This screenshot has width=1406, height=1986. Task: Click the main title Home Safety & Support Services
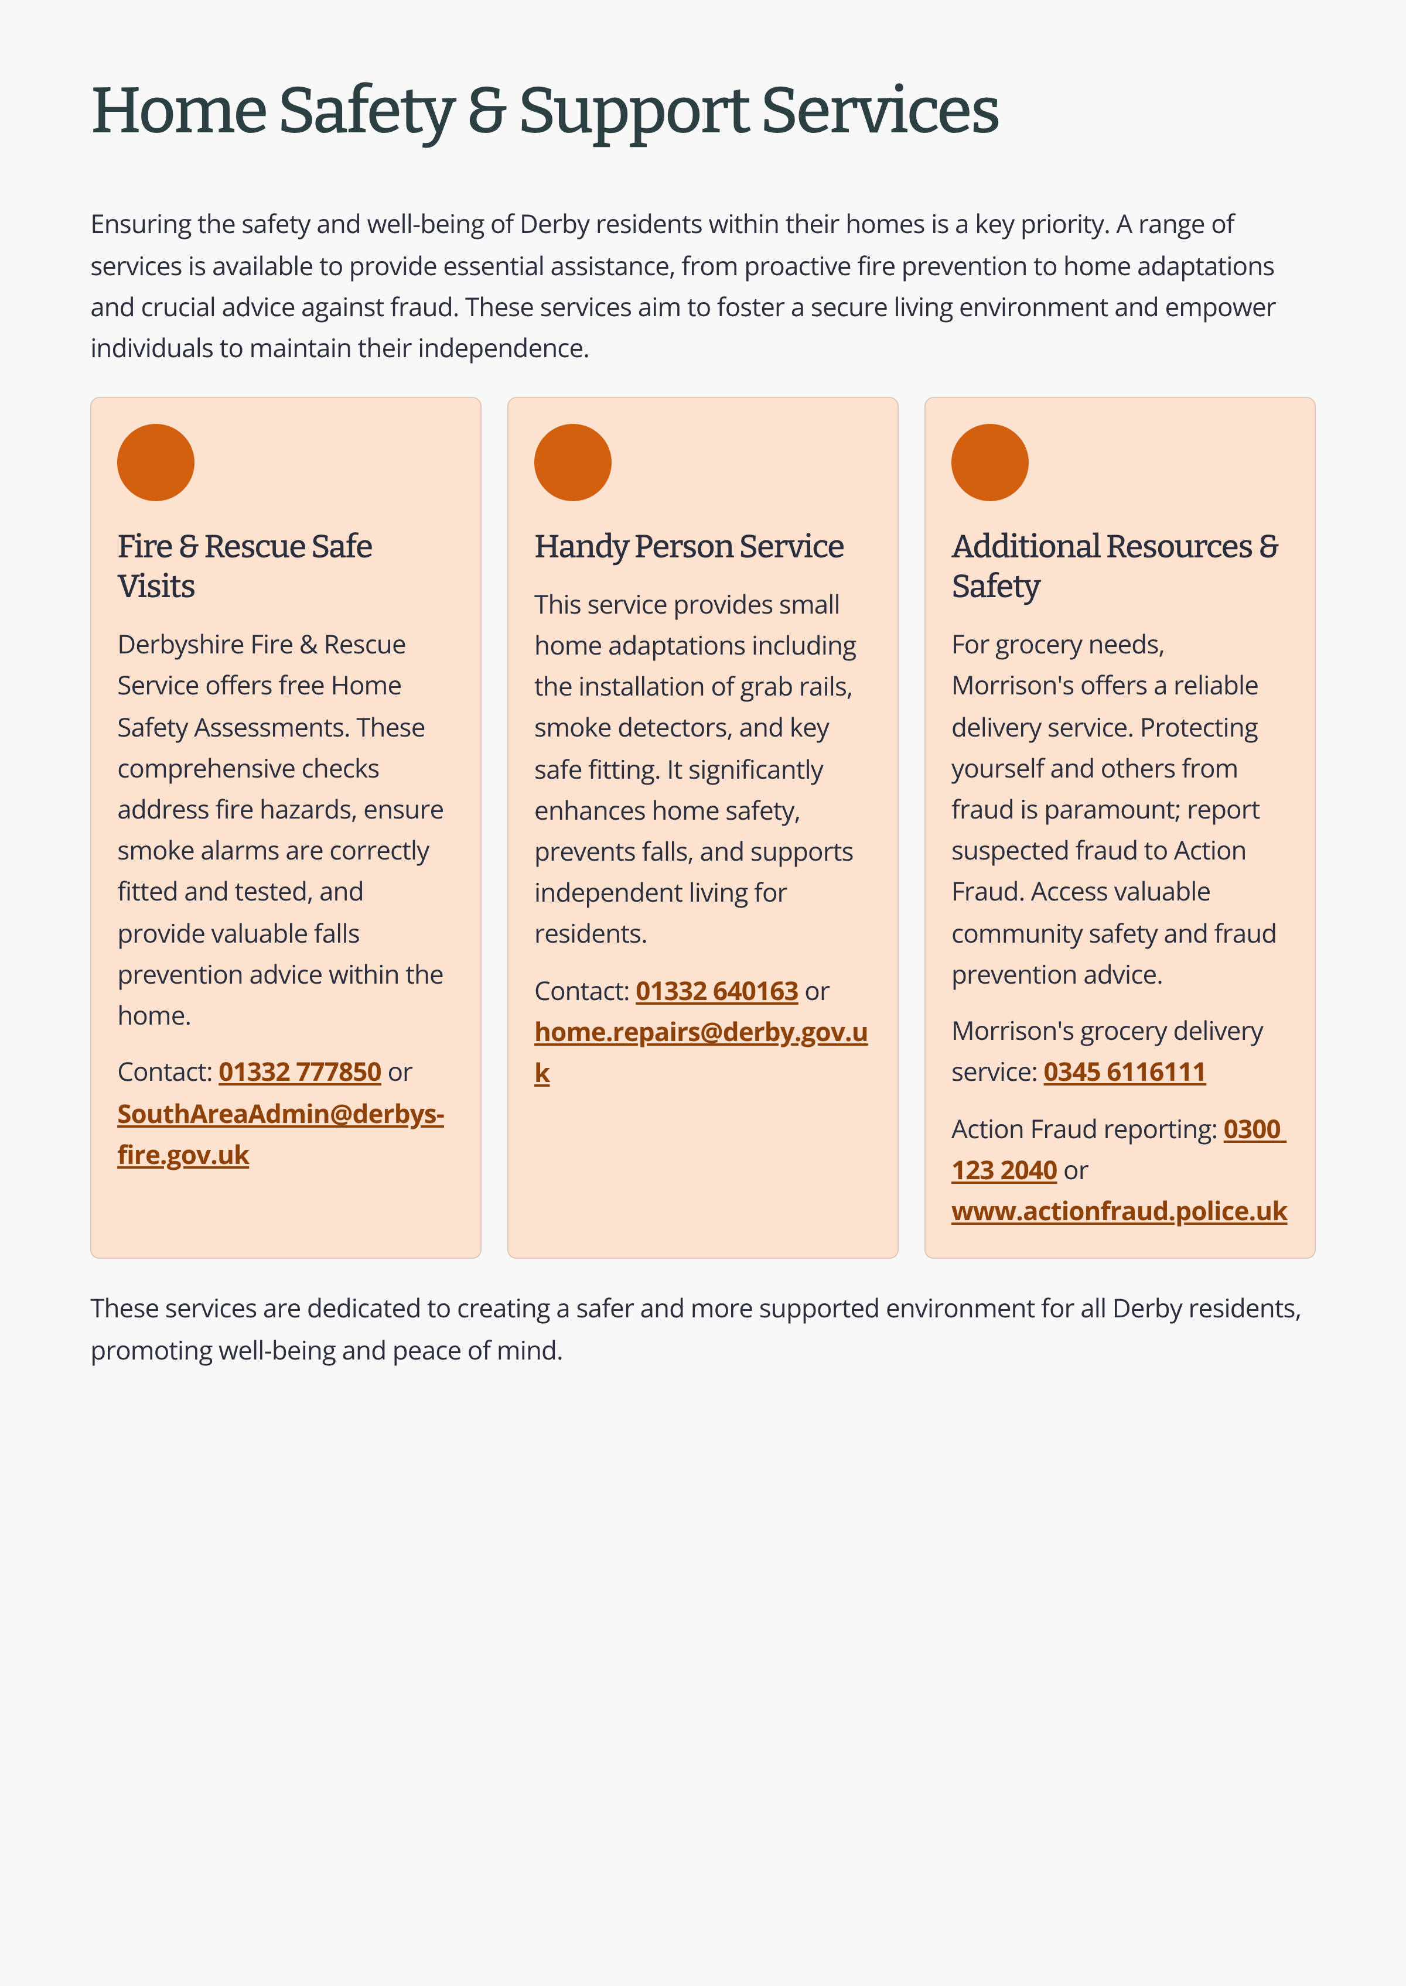point(545,112)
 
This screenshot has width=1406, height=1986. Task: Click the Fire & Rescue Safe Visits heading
point(245,566)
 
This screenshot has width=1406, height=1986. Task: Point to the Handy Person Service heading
point(688,547)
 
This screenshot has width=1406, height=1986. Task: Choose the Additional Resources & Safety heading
point(1114,566)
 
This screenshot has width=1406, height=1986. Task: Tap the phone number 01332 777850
point(299,1072)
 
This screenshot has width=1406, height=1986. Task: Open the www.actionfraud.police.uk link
point(1118,1211)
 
